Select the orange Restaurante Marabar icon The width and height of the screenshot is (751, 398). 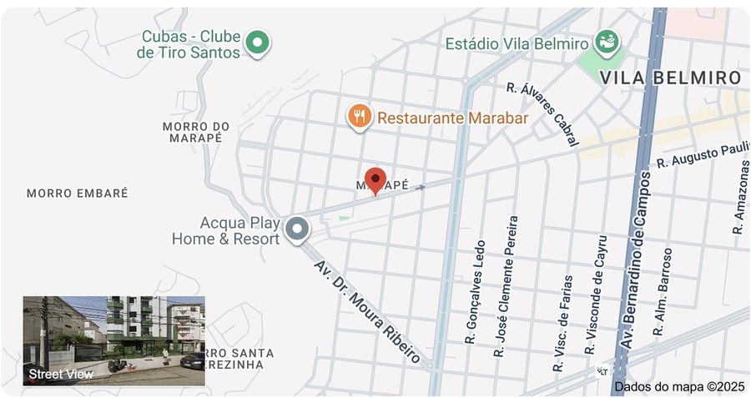[359, 117]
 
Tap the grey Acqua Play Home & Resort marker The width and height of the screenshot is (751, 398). [296, 229]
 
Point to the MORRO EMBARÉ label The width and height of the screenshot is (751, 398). [78, 194]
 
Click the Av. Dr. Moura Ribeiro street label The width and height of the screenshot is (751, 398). [367, 311]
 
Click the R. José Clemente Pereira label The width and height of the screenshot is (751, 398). [507, 286]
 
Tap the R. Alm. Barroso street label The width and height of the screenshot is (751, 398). [662, 290]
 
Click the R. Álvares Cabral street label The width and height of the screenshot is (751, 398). [543, 113]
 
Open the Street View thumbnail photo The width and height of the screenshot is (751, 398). [113, 340]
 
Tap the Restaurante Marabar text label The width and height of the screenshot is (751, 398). [452, 118]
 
